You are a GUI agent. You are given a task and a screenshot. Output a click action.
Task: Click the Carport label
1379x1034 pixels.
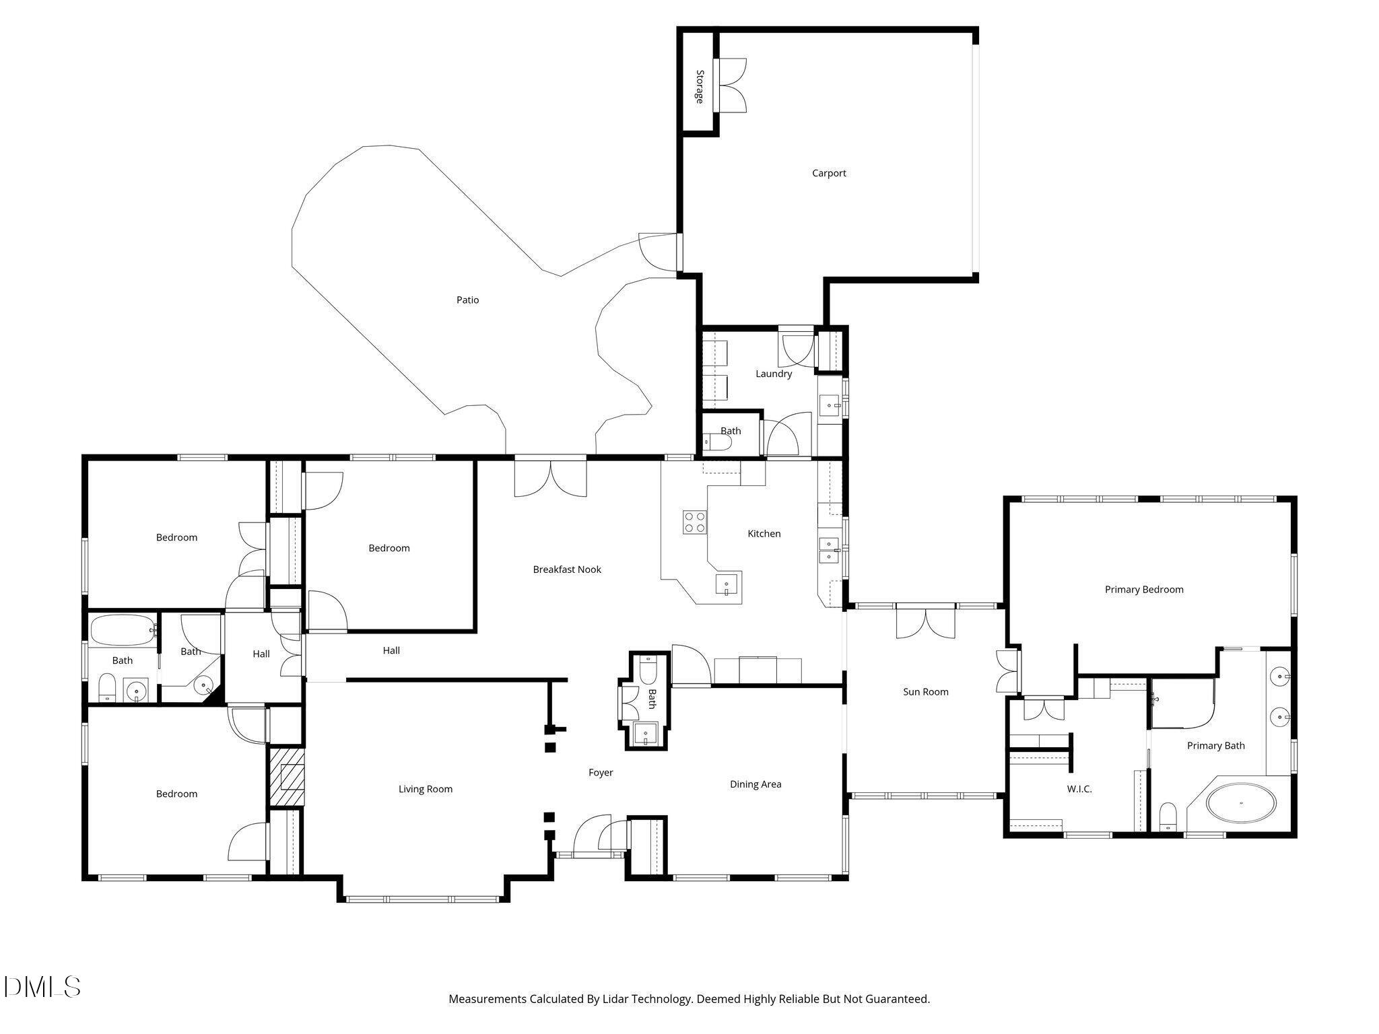pos(828,173)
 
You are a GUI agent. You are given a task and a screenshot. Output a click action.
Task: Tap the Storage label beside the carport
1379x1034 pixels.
pos(700,87)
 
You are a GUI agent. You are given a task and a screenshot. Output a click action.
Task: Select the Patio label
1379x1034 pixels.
pos(467,300)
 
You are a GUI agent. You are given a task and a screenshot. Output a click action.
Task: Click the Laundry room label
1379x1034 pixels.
pos(773,374)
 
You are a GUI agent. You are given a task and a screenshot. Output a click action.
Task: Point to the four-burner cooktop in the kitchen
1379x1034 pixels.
pos(695,522)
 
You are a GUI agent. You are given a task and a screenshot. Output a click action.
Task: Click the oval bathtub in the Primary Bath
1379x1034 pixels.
pos(1241,802)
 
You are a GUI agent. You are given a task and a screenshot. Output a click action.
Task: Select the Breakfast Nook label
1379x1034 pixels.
pos(567,570)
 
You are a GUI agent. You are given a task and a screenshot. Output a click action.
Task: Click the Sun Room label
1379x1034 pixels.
pos(925,692)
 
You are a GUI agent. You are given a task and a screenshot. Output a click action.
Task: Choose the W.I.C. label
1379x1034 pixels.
pos(1079,789)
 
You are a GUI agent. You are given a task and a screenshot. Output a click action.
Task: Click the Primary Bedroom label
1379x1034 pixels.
pos(1143,590)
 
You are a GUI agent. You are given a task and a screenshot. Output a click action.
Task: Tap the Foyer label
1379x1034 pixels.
pos(601,773)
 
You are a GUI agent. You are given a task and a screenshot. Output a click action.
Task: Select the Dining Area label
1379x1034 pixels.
pos(755,784)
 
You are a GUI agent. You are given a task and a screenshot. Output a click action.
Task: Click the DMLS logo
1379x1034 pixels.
pos(42,987)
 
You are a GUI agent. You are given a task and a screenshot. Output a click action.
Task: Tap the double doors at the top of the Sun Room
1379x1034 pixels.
pos(925,622)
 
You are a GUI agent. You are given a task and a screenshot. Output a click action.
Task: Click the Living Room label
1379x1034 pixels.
pos(425,789)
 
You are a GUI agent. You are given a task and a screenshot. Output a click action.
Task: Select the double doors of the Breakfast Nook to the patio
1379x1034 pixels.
pos(550,478)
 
